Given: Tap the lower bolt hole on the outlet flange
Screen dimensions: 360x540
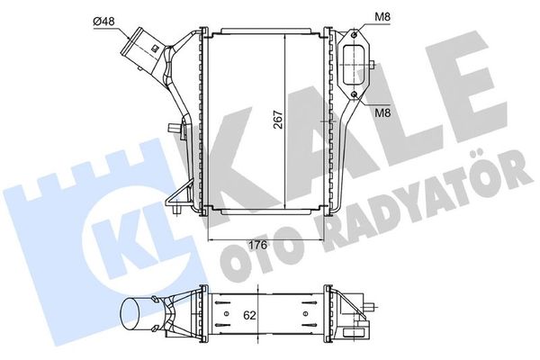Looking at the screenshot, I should tap(356, 94).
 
